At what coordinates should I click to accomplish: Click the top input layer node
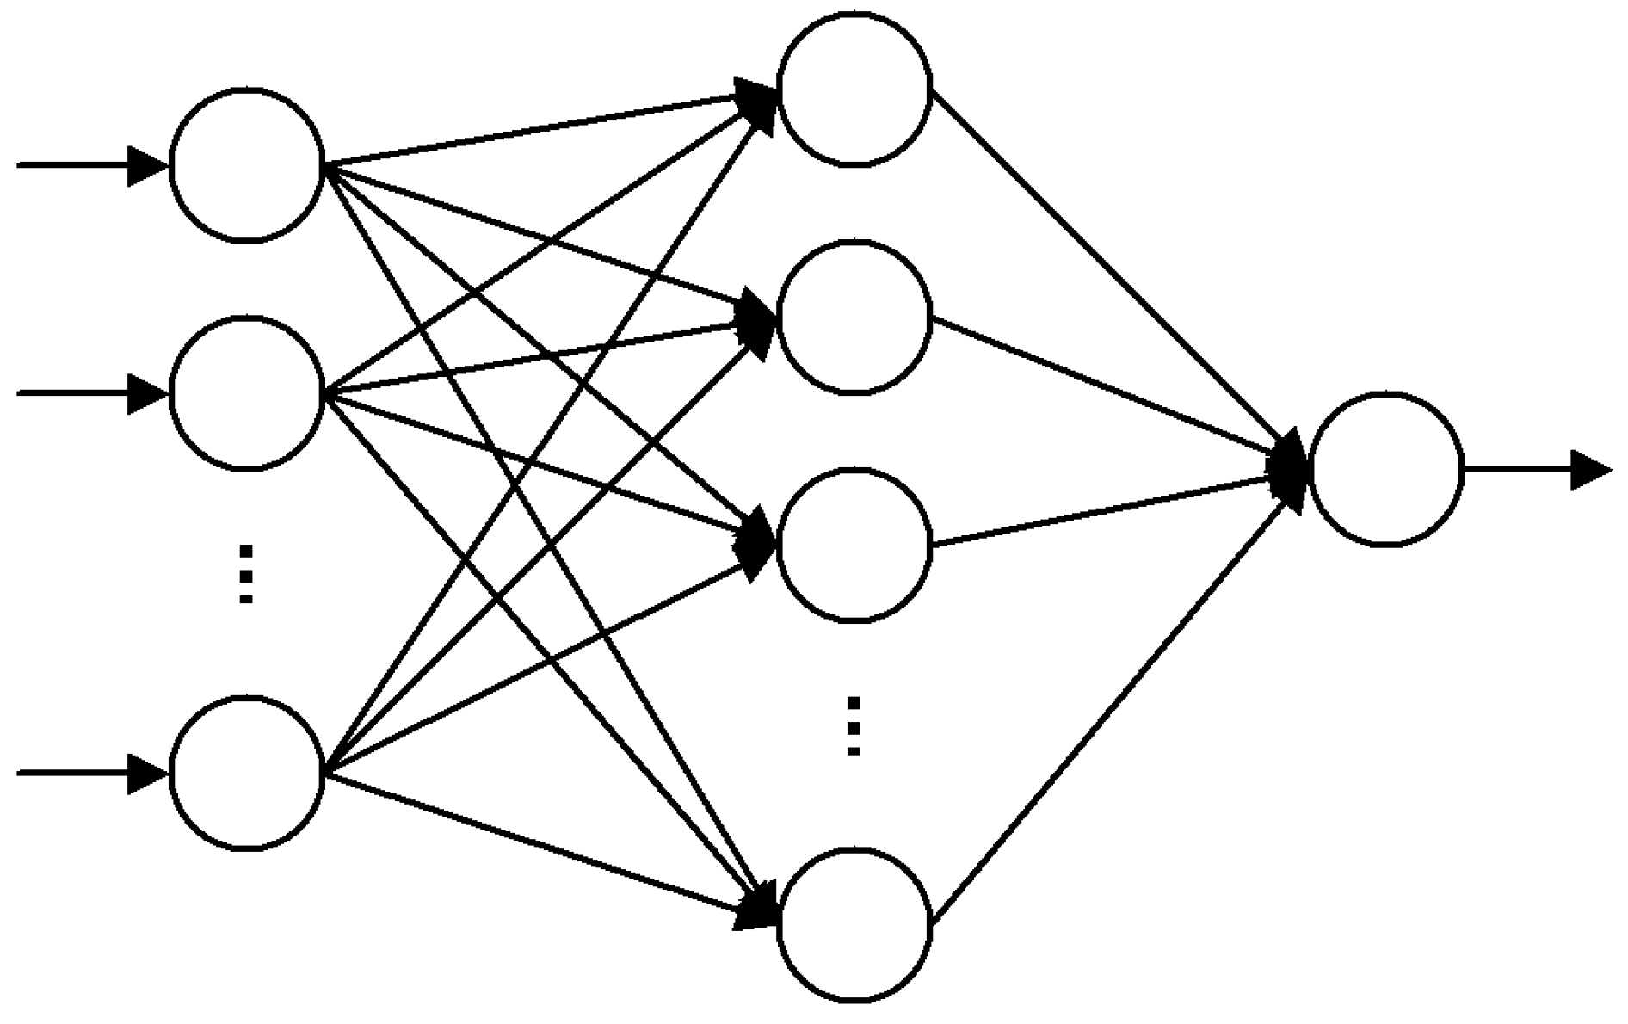tap(247, 165)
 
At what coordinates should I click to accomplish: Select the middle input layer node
tap(247, 392)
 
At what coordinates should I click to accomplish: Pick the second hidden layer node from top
tap(854, 317)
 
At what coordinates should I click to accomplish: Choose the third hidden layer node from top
tap(854, 544)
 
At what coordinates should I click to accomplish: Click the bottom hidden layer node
tap(854, 925)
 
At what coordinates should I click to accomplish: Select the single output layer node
tap(1385, 469)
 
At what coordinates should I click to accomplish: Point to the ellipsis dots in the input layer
tap(246, 573)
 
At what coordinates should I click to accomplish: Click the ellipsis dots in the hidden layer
tap(854, 725)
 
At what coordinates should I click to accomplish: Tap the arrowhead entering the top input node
tap(146, 165)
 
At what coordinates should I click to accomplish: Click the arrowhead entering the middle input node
tap(146, 393)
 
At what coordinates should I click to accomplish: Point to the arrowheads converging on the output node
tap(1291, 469)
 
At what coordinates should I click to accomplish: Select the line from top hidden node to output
tap(1110, 271)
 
